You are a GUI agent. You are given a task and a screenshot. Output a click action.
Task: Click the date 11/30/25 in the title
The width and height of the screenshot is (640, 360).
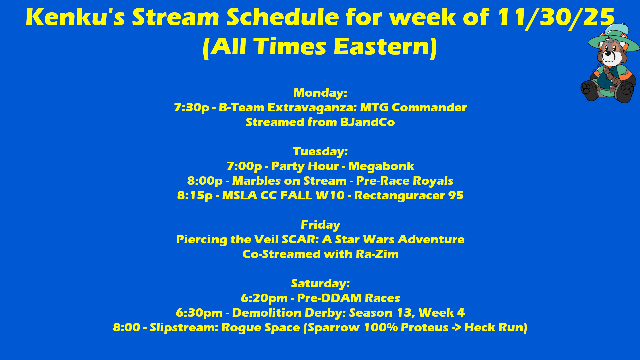(x=556, y=17)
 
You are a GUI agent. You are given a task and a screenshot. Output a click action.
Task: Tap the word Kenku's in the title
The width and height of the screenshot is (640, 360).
(x=75, y=17)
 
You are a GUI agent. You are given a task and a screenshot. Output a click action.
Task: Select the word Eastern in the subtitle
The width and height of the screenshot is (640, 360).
(x=382, y=46)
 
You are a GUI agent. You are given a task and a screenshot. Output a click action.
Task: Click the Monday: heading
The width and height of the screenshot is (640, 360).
(x=320, y=93)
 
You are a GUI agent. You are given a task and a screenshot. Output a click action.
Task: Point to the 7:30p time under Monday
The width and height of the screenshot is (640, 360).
(x=191, y=108)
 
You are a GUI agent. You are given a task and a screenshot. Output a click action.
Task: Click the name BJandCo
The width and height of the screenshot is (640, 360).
(x=367, y=122)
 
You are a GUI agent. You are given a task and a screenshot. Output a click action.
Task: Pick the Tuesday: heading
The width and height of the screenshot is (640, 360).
(x=320, y=152)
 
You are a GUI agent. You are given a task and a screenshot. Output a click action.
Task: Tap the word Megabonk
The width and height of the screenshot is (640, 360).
(x=381, y=166)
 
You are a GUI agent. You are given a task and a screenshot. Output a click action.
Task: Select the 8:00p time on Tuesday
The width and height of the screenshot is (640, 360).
(x=205, y=181)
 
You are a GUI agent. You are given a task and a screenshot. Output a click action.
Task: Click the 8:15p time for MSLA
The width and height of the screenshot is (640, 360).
(x=195, y=196)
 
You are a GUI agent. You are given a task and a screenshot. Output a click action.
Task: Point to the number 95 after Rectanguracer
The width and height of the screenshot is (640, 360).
(x=456, y=195)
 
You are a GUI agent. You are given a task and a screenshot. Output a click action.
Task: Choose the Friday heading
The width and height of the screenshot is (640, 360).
(x=320, y=225)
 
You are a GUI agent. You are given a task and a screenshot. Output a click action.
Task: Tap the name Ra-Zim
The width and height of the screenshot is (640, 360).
(x=377, y=254)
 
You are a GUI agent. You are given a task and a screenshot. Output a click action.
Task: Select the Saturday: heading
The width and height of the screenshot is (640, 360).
(x=320, y=284)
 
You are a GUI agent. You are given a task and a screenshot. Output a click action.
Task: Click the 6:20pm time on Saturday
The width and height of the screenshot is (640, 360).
(x=264, y=298)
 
